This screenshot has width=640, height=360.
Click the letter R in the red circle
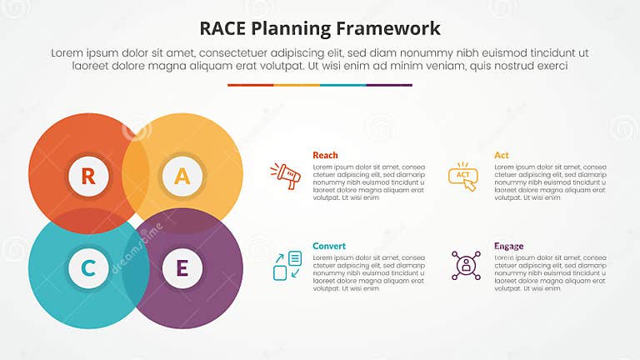[87, 176]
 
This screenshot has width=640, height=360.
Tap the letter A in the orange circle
[182, 176]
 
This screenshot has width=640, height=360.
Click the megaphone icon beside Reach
[285, 176]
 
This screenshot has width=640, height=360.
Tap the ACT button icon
[462, 176]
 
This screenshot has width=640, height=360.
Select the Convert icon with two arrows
[287, 266]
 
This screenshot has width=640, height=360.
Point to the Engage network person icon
[466, 265]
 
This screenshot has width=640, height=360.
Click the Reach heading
[325, 155]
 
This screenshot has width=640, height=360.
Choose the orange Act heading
[501, 155]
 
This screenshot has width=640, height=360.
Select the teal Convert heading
[329, 246]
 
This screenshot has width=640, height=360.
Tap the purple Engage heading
[507, 246]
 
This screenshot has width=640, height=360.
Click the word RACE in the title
[224, 28]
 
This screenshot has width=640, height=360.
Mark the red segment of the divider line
[250, 84]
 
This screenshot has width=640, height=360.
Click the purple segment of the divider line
[389, 84]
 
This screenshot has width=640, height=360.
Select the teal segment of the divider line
[342, 84]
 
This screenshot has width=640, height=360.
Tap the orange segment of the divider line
[297, 84]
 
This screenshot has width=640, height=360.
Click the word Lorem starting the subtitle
[68, 52]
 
